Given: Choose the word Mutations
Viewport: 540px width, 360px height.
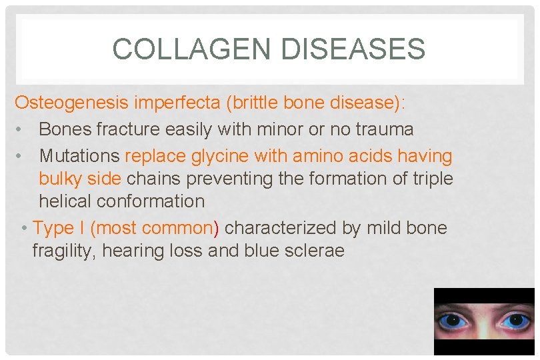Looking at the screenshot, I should pyautogui.click(x=80, y=157).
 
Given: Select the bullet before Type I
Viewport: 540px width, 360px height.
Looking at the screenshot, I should pyautogui.click(x=24, y=229).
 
